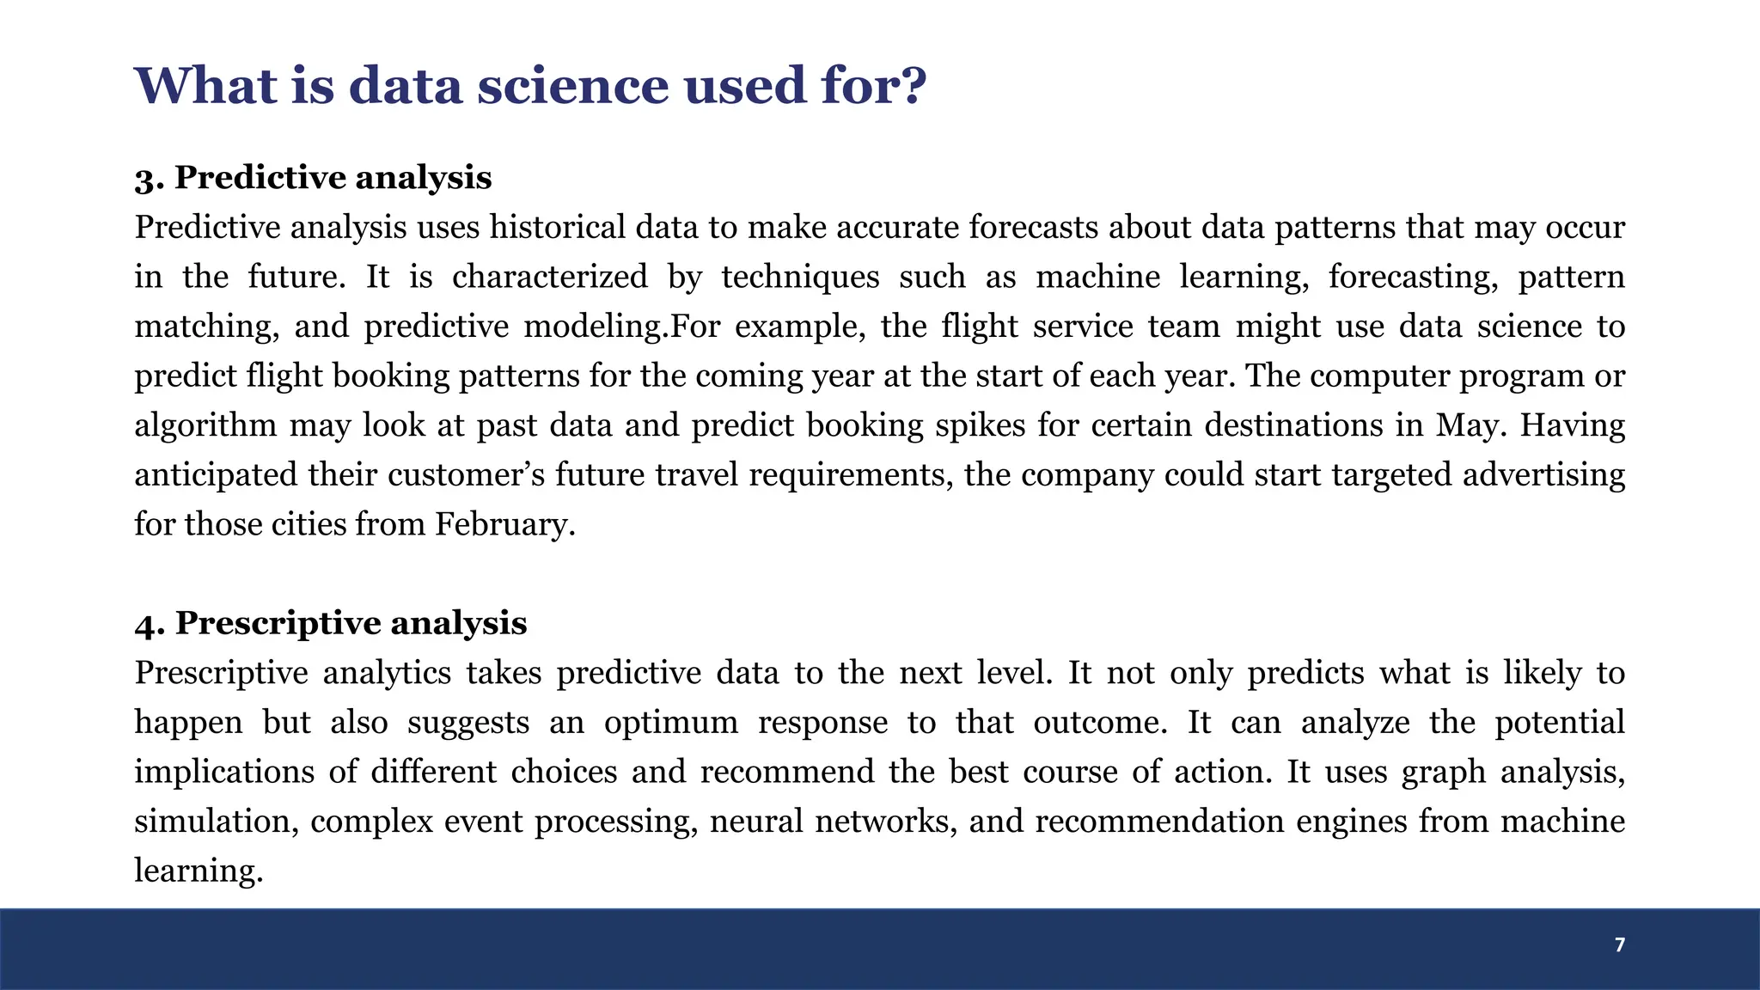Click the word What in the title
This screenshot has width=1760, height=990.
coord(206,86)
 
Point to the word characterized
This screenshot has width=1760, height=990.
coord(550,277)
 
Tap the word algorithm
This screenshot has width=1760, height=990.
coord(205,425)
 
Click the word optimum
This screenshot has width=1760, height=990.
coord(670,723)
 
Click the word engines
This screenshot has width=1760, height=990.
coord(1351,822)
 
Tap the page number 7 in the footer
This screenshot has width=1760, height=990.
coord(1620,945)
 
